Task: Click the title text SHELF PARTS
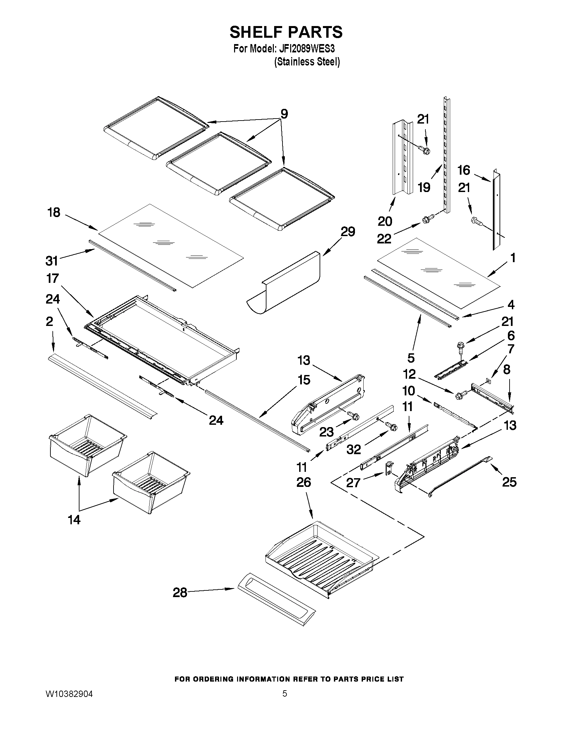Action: [x=286, y=32]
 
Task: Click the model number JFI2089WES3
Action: [x=307, y=49]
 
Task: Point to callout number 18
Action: [x=54, y=212]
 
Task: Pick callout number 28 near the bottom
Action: [x=180, y=593]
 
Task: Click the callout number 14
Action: [x=74, y=520]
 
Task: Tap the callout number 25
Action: [x=509, y=482]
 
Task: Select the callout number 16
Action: [x=463, y=170]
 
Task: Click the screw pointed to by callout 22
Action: [x=426, y=220]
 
